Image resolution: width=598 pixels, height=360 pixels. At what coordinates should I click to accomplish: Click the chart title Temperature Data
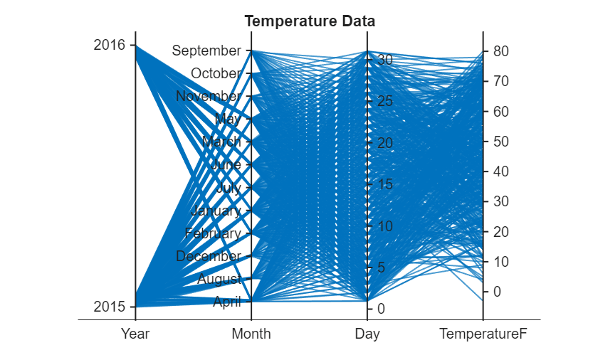(310, 21)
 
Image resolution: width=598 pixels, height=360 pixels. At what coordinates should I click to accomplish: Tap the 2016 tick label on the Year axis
(109, 45)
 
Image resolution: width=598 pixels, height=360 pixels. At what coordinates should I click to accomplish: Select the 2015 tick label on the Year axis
(109, 307)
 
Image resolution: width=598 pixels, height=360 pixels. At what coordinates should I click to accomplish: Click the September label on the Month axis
(206, 51)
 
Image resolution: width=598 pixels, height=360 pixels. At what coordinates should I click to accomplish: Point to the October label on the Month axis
(216, 73)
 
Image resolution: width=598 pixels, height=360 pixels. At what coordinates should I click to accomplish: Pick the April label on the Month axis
(226, 302)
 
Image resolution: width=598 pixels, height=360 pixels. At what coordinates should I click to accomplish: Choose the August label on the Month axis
(219, 279)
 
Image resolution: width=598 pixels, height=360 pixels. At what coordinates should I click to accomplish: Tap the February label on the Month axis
(213, 233)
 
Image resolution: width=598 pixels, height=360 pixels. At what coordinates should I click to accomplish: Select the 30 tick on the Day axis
(385, 60)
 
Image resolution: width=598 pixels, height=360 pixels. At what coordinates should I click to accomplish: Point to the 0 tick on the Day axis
(381, 309)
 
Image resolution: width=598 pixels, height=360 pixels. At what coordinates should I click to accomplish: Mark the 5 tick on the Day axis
(381, 268)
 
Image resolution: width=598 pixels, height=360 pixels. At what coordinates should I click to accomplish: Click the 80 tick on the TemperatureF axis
(500, 51)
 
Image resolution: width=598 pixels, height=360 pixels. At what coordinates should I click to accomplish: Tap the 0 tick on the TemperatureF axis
(497, 292)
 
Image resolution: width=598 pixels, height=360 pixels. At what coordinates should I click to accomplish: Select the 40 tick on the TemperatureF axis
(500, 171)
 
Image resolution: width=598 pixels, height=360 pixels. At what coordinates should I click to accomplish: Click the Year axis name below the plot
(135, 334)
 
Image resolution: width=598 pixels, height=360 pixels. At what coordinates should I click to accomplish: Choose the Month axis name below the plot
(251, 334)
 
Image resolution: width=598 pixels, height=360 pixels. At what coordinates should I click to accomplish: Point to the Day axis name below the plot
(367, 334)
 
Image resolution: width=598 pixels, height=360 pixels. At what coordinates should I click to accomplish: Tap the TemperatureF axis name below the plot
(483, 334)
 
